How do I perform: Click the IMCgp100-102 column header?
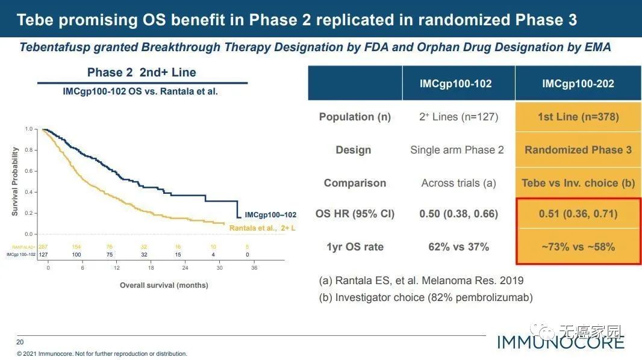tap(456, 84)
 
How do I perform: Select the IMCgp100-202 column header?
tap(578, 84)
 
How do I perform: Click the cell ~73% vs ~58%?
tap(578, 246)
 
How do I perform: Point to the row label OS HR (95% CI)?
tap(355, 214)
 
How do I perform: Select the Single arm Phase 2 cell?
tap(457, 150)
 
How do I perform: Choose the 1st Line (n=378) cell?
tap(578, 117)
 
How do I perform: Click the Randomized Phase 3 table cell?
tap(578, 150)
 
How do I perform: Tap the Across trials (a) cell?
tap(458, 183)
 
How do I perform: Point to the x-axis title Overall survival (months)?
tap(164, 285)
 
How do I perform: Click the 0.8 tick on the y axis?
tap(29, 150)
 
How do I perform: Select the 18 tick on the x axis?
tap(151, 268)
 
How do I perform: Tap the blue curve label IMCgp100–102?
tap(270, 215)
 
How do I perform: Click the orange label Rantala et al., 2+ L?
tap(263, 228)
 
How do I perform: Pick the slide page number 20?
tap(20, 342)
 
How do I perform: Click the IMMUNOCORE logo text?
tap(560, 343)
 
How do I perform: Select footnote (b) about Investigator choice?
tap(426, 297)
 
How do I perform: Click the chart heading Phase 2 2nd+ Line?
tap(142, 73)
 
